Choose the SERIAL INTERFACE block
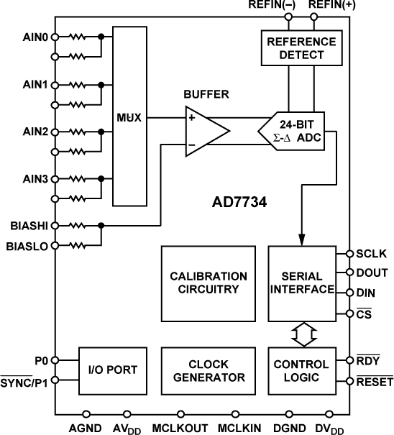301,283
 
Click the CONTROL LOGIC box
301,370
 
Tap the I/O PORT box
108,370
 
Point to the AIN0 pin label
35,37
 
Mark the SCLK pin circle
349,254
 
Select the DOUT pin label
371,273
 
